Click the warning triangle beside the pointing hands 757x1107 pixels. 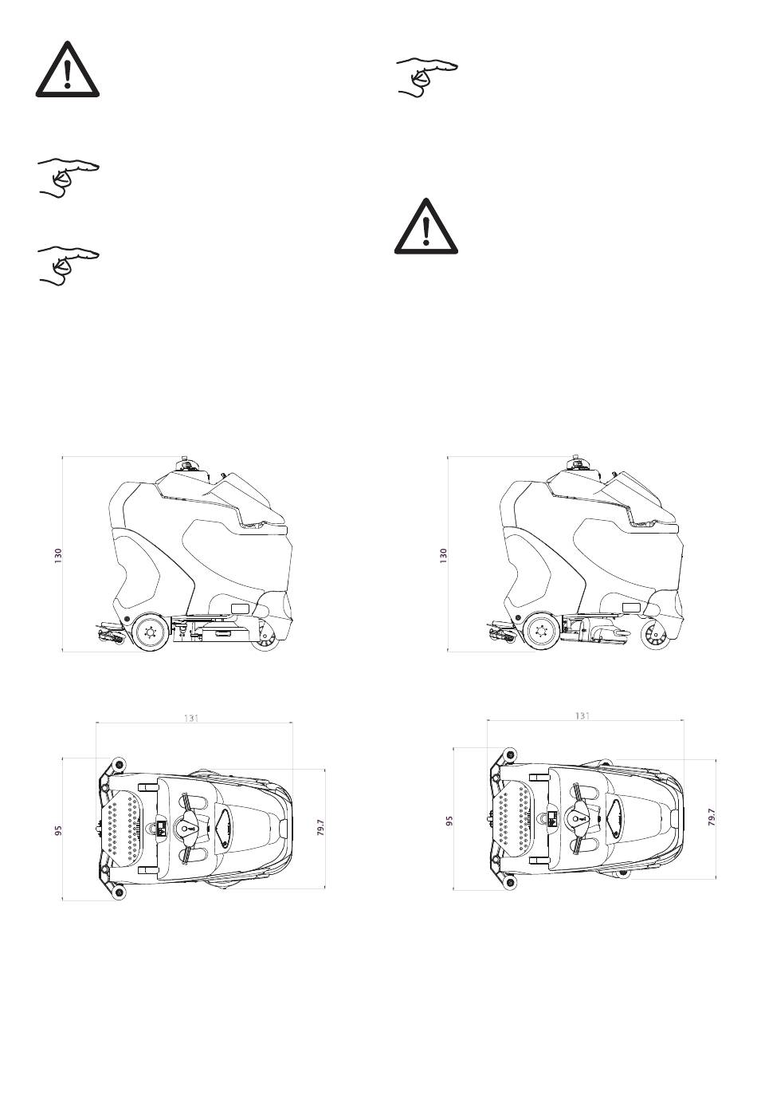[x=68, y=69]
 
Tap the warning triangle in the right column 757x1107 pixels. [x=426, y=227]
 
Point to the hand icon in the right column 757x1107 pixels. [x=427, y=77]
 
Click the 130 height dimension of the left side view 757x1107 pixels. [x=59, y=556]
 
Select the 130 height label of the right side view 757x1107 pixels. [x=443, y=556]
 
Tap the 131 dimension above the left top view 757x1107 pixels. [x=191, y=718]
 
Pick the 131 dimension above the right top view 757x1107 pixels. [x=582, y=715]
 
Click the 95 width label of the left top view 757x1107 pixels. [x=59, y=830]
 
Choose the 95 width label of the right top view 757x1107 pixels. [x=449, y=821]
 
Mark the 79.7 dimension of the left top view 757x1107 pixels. [x=320, y=827]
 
